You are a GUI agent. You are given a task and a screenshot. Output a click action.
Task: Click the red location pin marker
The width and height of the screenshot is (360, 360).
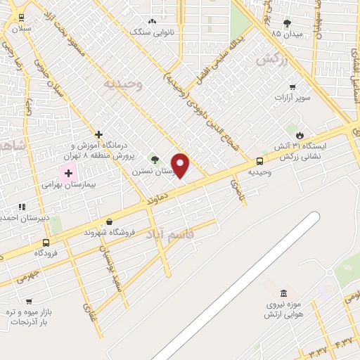pyautogui.click(x=181, y=165)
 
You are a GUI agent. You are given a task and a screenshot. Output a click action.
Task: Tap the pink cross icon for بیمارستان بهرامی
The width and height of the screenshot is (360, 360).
pyautogui.click(x=69, y=172)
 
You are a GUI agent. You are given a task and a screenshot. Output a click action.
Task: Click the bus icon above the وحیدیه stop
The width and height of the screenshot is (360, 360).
pyautogui.click(x=260, y=161)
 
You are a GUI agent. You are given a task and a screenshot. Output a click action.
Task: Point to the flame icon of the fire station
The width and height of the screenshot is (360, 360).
pyautogui.click(x=300, y=135)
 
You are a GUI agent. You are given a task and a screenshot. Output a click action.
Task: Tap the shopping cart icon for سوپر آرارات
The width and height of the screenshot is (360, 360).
pyautogui.click(x=292, y=87)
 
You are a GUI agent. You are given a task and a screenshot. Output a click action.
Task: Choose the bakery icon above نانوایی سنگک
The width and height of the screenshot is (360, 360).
pyautogui.click(x=152, y=22)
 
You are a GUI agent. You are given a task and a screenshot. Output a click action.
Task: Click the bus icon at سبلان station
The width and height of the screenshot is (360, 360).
pyautogui.click(x=20, y=18)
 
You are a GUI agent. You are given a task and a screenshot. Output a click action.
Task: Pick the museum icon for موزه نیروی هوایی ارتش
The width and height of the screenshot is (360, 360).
pyautogui.click(x=283, y=292)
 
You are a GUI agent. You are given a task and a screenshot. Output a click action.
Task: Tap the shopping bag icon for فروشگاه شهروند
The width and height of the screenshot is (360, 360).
pyautogui.click(x=109, y=221)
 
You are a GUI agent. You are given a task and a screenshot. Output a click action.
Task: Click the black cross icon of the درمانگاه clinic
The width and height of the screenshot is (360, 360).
pyautogui.click(x=98, y=134)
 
